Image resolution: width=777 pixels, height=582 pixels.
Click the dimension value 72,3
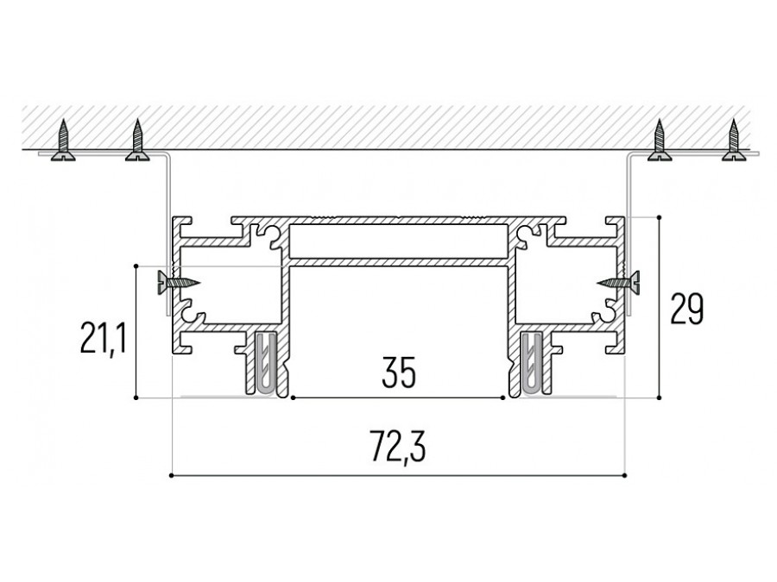[x=398, y=447]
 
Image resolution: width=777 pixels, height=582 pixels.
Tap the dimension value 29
[x=686, y=309]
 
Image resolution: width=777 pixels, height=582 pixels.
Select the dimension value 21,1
[x=104, y=337]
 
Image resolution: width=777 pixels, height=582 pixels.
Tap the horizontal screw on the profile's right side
[x=618, y=283]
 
